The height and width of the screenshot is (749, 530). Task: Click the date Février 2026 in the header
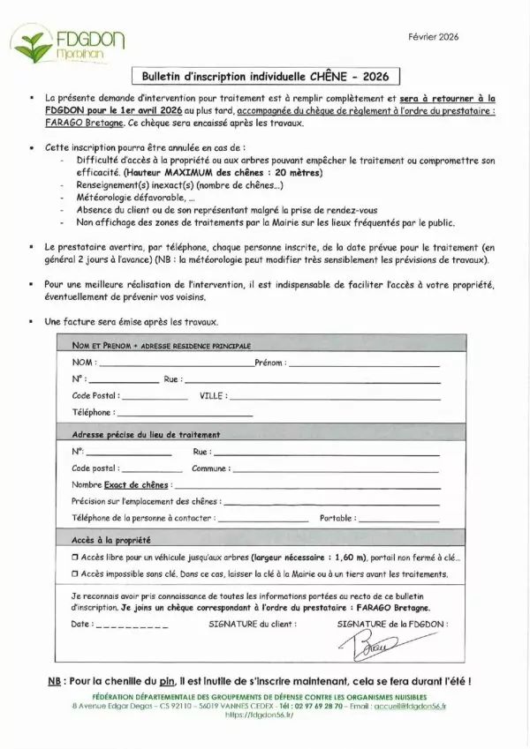pos(435,37)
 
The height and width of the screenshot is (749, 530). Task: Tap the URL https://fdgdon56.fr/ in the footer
pos(264,715)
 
